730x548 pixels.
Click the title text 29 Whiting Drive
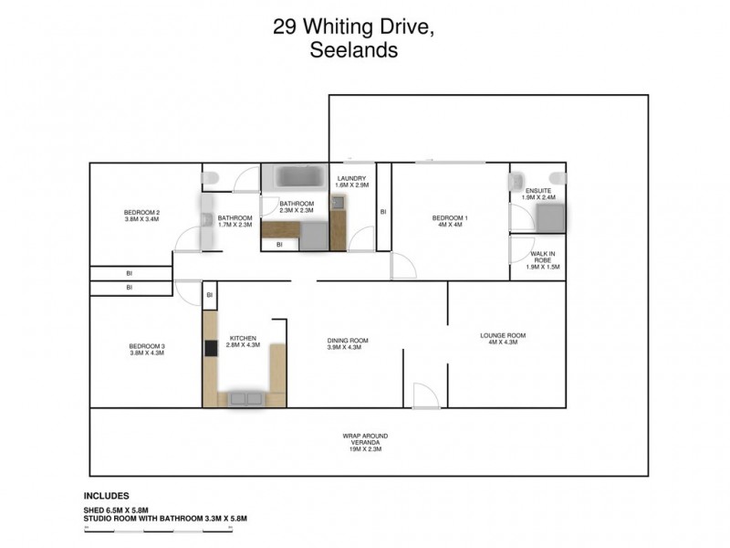pos(353,28)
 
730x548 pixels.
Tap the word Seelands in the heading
pos(353,51)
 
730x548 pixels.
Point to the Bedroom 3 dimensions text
pos(146,353)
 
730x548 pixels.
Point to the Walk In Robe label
pos(544,255)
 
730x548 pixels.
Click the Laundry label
pos(351,178)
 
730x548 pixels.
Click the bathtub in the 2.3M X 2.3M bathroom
pos(295,175)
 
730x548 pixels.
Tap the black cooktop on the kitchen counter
pos(210,347)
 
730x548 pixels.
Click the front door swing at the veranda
pos(425,395)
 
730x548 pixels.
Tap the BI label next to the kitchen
pos(210,295)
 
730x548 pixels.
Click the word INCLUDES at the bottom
pos(107,496)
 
